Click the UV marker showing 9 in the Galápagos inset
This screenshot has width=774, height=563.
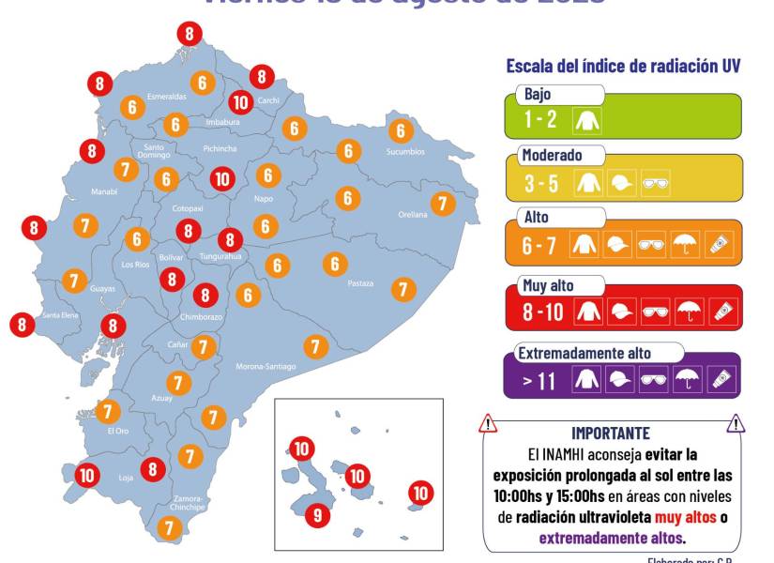pyautogui.click(x=317, y=514)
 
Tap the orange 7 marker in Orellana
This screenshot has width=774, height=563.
pyautogui.click(x=442, y=203)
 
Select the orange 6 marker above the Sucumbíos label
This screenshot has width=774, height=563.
pyautogui.click(x=401, y=131)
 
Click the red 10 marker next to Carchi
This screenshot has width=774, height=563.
pyautogui.click(x=241, y=102)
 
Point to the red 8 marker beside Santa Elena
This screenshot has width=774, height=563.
pyautogui.click(x=22, y=325)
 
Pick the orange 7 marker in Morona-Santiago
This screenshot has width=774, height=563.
pyautogui.click(x=316, y=347)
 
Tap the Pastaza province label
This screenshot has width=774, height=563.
pyautogui.click(x=360, y=282)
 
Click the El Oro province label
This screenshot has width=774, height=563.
pyautogui.click(x=117, y=431)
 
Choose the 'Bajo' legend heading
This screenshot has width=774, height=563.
pyautogui.click(x=539, y=94)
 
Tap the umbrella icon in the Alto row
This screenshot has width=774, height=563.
pyautogui.click(x=687, y=247)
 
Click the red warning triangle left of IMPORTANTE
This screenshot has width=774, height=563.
pyautogui.click(x=488, y=424)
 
